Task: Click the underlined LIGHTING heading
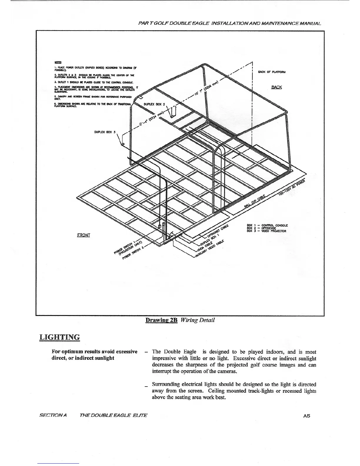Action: point(59,337)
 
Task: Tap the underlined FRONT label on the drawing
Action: point(84,235)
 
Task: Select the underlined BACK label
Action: point(276,87)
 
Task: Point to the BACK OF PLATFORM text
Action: point(272,71)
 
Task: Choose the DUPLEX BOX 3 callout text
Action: point(105,132)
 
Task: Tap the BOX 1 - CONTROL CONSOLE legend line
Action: point(267,225)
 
